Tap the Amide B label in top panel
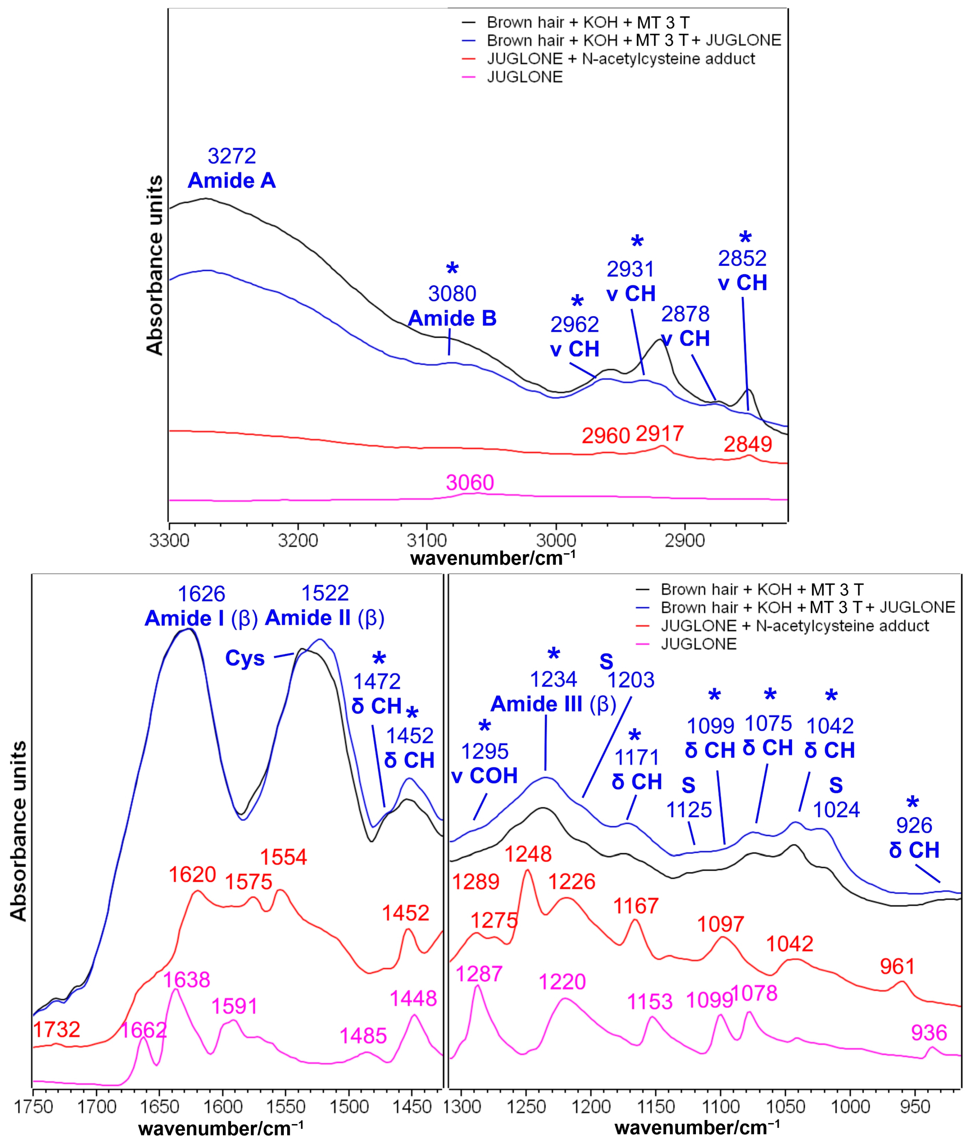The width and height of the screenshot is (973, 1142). [x=452, y=319]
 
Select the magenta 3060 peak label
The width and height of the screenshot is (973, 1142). [x=470, y=483]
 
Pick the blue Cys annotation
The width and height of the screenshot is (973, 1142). [x=245, y=659]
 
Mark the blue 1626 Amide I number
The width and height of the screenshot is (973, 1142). [x=201, y=594]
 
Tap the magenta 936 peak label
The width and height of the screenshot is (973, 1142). [x=929, y=1032]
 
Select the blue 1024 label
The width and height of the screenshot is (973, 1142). [x=836, y=810]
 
